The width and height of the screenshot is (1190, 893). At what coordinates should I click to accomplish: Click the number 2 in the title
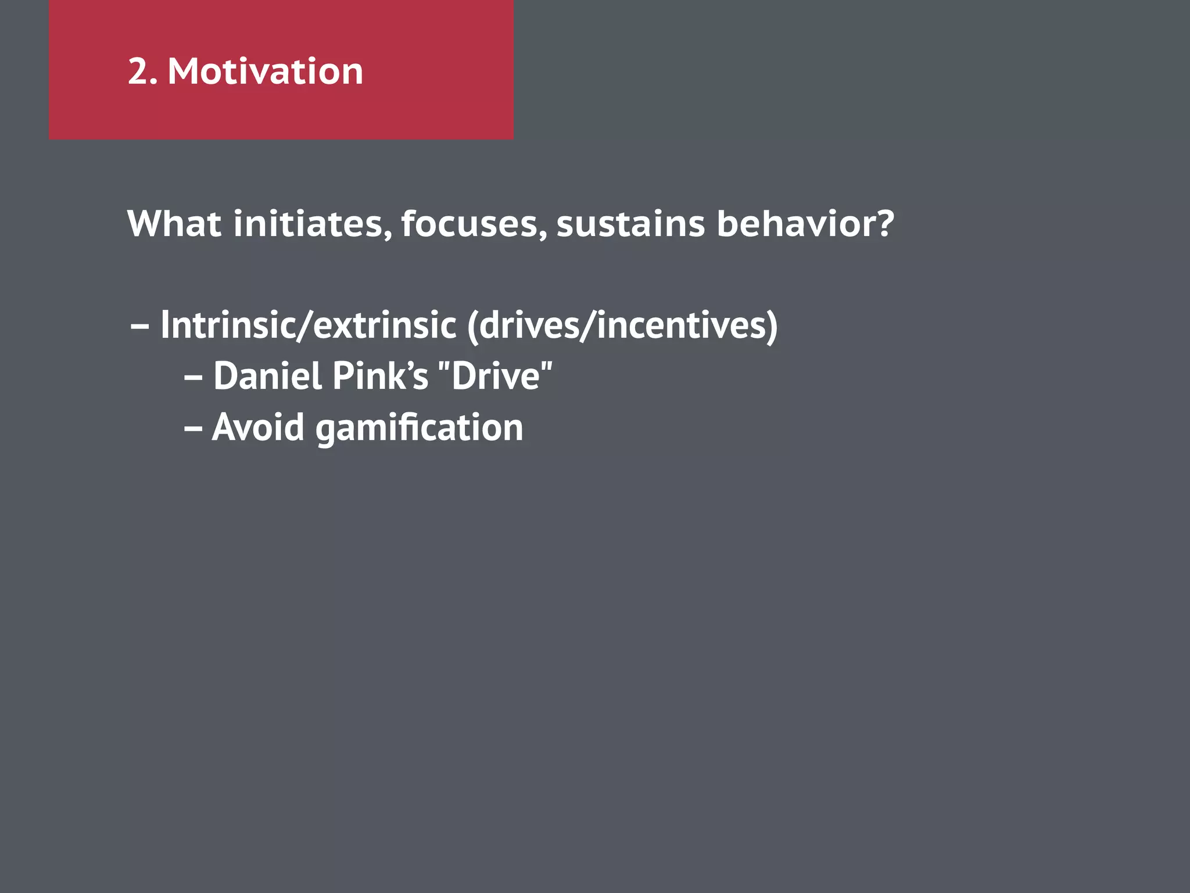138,72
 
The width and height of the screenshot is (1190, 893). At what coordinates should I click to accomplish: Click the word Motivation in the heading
265,72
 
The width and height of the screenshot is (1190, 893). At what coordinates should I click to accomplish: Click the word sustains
630,224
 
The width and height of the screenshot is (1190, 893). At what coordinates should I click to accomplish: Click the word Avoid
258,427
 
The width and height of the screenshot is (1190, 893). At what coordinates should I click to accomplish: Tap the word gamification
419,428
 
